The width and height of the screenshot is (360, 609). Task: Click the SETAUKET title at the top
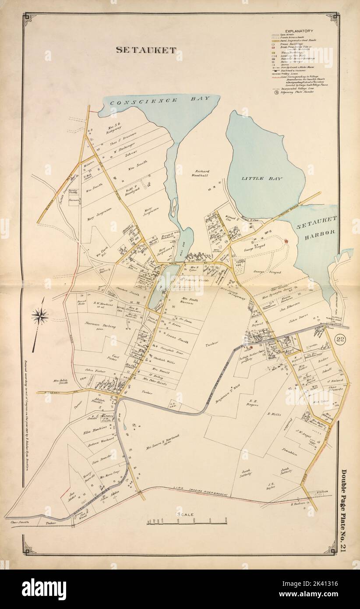pos(146,50)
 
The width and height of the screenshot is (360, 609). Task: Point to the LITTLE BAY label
pos(262,179)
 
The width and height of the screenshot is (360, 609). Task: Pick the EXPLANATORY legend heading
pos(298,31)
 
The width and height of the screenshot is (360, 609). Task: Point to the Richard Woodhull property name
pos(200,173)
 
